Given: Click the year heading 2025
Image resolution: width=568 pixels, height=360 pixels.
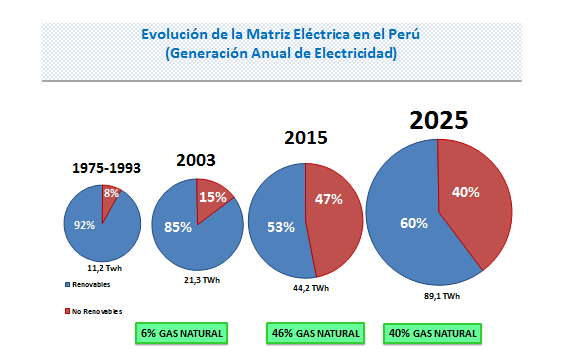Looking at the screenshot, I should (438, 120).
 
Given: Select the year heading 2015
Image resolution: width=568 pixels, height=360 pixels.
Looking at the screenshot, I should (306, 138).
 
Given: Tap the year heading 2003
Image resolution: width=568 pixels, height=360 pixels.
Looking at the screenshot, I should (196, 159).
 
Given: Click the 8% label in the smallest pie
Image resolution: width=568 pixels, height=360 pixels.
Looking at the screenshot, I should (111, 193).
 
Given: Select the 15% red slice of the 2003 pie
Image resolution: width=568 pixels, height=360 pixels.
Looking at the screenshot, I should (212, 198).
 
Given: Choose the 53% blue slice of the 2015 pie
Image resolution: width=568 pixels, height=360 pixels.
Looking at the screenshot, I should (281, 226).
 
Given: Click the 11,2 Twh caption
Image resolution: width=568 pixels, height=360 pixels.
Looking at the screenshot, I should (104, 269).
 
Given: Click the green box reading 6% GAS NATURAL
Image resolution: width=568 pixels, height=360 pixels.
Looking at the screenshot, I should (179, 332).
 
